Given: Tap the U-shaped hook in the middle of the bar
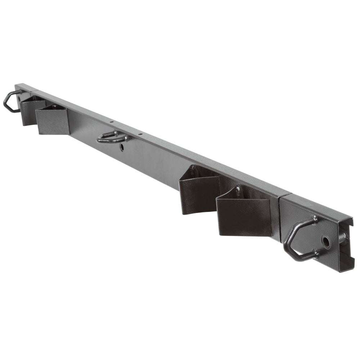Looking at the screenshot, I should pos(110,137).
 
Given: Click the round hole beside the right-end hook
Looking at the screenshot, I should pos(326,242).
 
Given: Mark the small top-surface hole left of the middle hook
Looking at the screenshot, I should pos(112,122).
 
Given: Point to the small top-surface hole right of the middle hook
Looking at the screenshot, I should pos(141,134).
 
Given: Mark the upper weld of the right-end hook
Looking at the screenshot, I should pos(315,219).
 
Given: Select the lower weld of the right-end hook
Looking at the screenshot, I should pos(316,253).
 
